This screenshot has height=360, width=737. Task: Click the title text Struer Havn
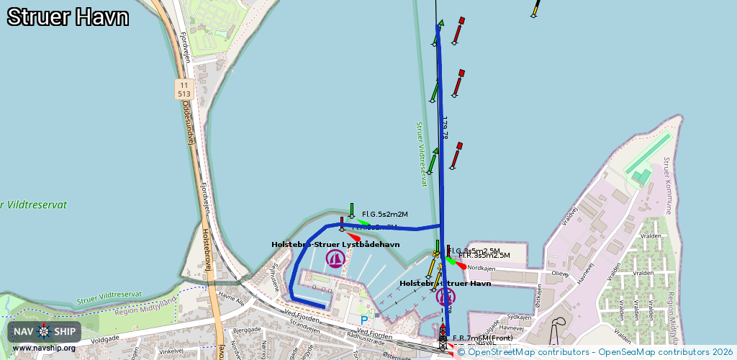click(x=68, y=17)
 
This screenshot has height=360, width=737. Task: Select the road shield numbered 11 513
click(x=184, y=89)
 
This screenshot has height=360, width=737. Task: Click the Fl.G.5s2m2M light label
click(x=384, y=215)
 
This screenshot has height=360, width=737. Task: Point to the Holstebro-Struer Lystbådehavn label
click(x=335, y=245)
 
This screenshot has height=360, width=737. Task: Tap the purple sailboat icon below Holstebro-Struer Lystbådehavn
click(x=335, y=258)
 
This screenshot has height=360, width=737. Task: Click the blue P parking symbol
click(x=364, y=320)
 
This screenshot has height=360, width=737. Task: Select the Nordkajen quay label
click(x=481, y=268)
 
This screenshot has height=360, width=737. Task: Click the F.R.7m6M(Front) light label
click(x=482, y=338)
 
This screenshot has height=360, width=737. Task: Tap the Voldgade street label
click(x=104, y=338)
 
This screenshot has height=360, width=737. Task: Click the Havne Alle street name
click(x=231, y=297)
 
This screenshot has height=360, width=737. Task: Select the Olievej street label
click(x=559, y=274)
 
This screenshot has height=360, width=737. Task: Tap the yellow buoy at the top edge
click(x=535, y=9)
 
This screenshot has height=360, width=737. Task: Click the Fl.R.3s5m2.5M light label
click(x=484, y=256)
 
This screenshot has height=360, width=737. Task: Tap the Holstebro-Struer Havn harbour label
click(x=445, y=284)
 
